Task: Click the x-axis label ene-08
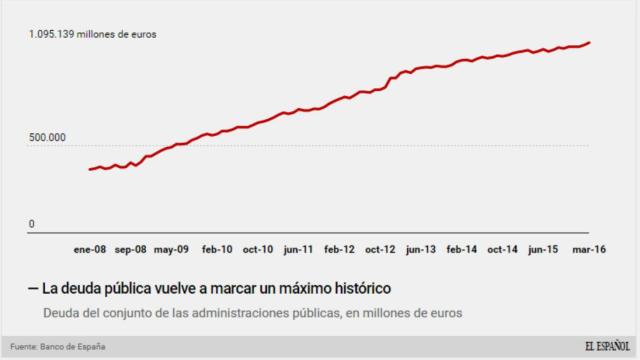(x=90, y=249)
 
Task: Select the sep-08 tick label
(x=130, y=249)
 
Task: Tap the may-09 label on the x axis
(x=172, y=249)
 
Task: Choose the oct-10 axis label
(x=258, y=249)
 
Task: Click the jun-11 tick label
(x=299, y=249)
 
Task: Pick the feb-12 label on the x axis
(x=340, y=249)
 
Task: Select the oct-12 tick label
(x=381, y=249)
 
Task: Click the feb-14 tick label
(x=462, y=249)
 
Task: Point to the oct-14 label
(x=502, y=249)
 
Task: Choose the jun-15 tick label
(x=543, y=249)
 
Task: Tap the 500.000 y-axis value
(x=46, y=137)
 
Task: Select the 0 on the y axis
(x=31, y=224)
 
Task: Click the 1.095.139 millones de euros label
(x=92, y=34)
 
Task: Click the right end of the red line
(x=590, y=42)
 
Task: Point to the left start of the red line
(x=89, y=169)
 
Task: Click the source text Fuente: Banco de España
(x=58, y=347)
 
